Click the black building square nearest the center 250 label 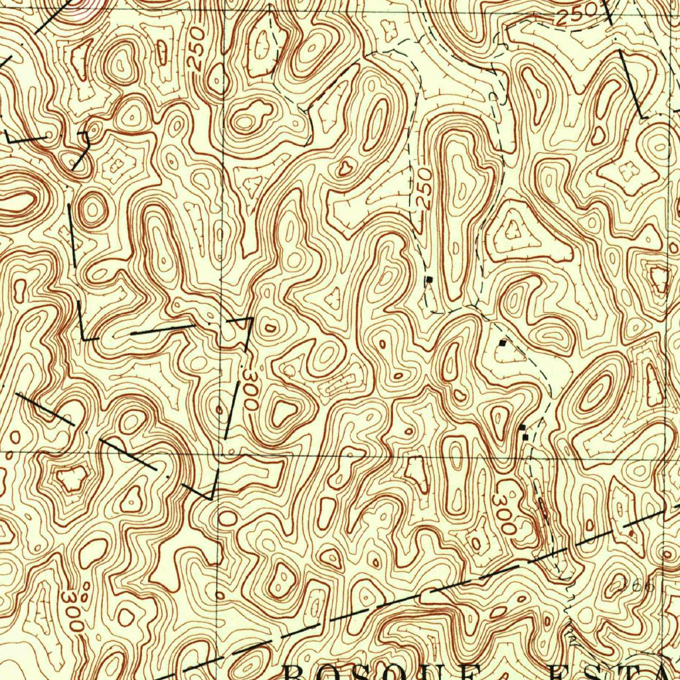tap(430, 279)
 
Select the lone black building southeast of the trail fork tap(503, 343)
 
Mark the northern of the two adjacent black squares tap(523, 427)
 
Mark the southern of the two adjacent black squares tap(526, 437)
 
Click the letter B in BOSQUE tap(296, 672)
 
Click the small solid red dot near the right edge tap(631, 533)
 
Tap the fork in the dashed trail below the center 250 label tap(473, 306)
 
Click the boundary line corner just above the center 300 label tap(250, 318)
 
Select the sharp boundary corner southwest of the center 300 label tap(211, 498)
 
